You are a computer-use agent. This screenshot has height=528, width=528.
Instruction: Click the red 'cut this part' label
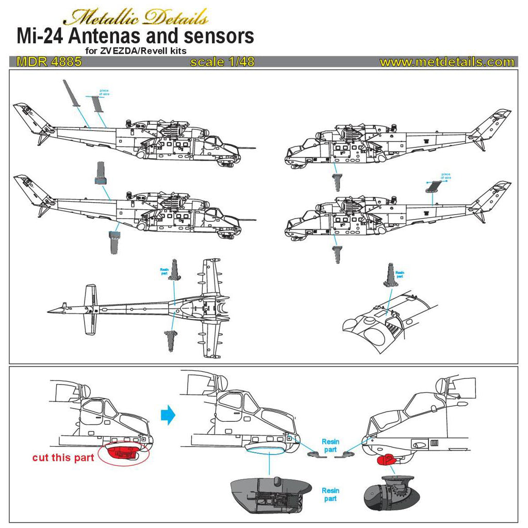63,457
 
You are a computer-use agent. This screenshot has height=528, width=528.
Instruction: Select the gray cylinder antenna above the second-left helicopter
100,173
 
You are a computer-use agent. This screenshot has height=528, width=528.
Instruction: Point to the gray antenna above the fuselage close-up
389,275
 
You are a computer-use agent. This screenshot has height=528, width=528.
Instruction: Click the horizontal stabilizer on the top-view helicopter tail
90,311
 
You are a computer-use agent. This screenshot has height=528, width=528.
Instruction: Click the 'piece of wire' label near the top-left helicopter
105,93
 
